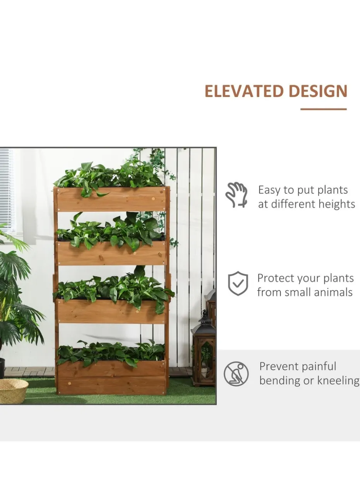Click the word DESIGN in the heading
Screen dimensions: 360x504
pos(318,91)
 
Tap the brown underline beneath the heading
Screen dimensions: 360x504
pos(324,109)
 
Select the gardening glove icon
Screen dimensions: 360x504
pos(237,195)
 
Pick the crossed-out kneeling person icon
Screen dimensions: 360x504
pos(236,374)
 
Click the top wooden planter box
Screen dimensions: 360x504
pos(111,199)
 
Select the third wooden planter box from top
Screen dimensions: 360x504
pos(111,311)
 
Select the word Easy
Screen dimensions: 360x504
pos(269,190)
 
